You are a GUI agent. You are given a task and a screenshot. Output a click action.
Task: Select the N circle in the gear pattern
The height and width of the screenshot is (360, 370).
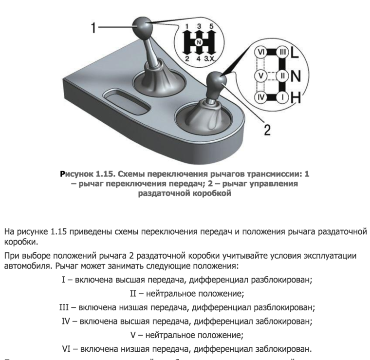198,42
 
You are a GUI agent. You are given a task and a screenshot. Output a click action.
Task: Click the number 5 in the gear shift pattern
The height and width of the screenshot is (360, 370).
210,26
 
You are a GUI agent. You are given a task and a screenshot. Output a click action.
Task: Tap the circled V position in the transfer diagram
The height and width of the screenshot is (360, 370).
261,76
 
